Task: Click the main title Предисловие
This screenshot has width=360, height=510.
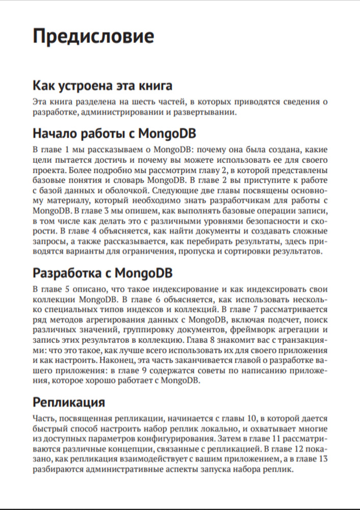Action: (93, 37)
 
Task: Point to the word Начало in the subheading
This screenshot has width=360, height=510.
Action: (55, 134)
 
